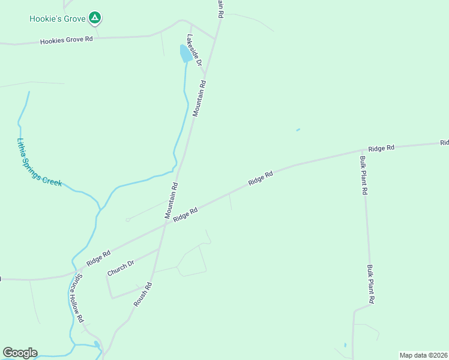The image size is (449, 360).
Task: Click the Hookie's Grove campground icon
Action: (94, 18)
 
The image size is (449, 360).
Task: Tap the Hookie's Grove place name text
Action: (58, 19)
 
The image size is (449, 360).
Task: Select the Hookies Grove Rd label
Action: (67, 40)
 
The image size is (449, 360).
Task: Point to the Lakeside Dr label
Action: (193, 50)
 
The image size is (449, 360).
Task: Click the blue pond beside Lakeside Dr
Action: (186, 53)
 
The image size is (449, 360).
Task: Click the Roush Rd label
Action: (143, 295)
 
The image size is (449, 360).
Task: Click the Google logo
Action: (20, 353)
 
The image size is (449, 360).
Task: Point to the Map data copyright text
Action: (423, 355)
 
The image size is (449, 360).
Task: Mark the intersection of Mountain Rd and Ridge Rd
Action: (166, 226)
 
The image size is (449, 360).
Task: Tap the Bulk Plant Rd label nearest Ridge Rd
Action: (363, 175)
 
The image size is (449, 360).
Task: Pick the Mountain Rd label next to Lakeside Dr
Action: (200, 98)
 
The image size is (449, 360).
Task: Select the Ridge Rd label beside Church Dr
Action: (98, 258)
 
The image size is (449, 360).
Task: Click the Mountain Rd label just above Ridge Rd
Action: (172, 200)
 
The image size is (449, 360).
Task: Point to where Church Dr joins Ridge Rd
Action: (158, 249)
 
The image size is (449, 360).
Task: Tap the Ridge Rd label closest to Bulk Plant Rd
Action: (381, 148)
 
